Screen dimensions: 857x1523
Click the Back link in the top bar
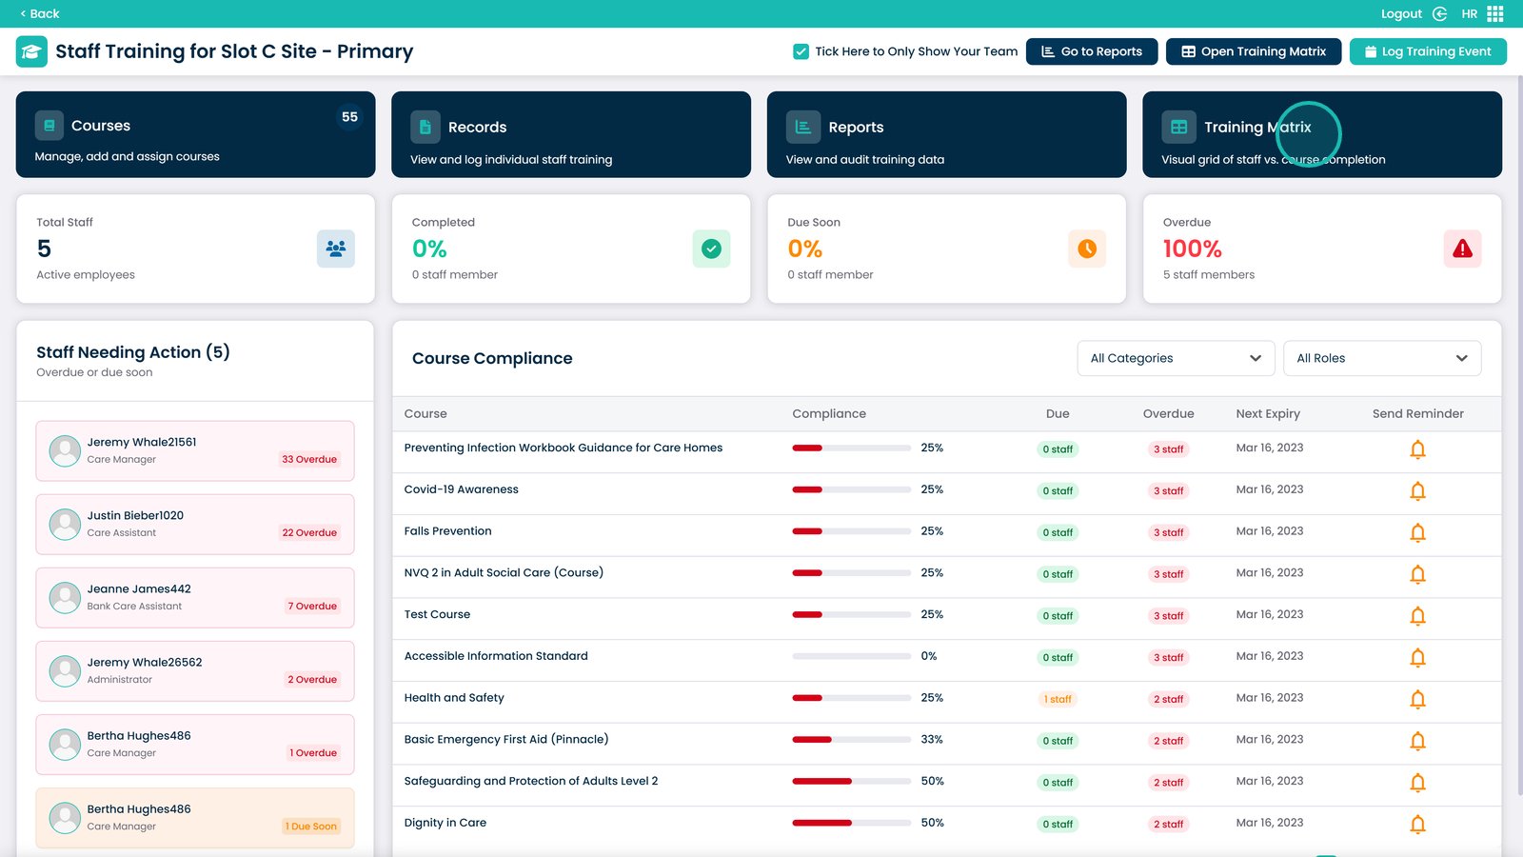tap(40, 13)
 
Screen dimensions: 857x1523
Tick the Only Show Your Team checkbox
tap(801, 51)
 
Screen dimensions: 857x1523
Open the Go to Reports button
tap(1091, 51)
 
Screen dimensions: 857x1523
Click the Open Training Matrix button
tap(1253, 51)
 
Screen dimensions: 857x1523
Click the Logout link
tap(1401, 13)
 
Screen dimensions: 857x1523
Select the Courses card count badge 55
tap(349, 117)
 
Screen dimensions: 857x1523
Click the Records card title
tap(477, 128)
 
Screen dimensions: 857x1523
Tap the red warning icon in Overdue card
tap(1462, 249)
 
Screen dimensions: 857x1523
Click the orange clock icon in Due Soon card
tap(1087, 249)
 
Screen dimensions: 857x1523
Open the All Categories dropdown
tap(1176, 358)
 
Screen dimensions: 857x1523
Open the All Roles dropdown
tap(1381, 358)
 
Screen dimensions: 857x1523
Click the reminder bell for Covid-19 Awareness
tap(1417, 491)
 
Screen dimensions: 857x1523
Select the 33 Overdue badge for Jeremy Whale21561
tap(309, 459)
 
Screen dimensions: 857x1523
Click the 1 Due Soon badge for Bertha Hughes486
tap(311, 827)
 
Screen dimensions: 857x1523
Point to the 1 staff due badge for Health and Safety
tap(1058, 699)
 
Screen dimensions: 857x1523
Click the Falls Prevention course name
tap(447, 531)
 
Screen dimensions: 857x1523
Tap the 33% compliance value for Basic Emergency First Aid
tap(932, 740)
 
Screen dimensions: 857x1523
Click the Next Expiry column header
tap(1268, 414)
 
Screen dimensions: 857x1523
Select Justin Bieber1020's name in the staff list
tap(135, 515)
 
